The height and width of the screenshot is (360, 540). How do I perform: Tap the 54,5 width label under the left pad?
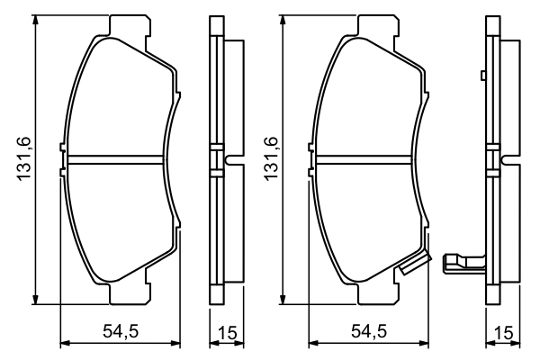coord(121,332)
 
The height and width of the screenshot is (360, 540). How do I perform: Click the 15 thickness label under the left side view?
coord(226,333)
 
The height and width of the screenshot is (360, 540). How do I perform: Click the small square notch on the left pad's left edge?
coord(61,147)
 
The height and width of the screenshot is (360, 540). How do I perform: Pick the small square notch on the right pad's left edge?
coord(310,147)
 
